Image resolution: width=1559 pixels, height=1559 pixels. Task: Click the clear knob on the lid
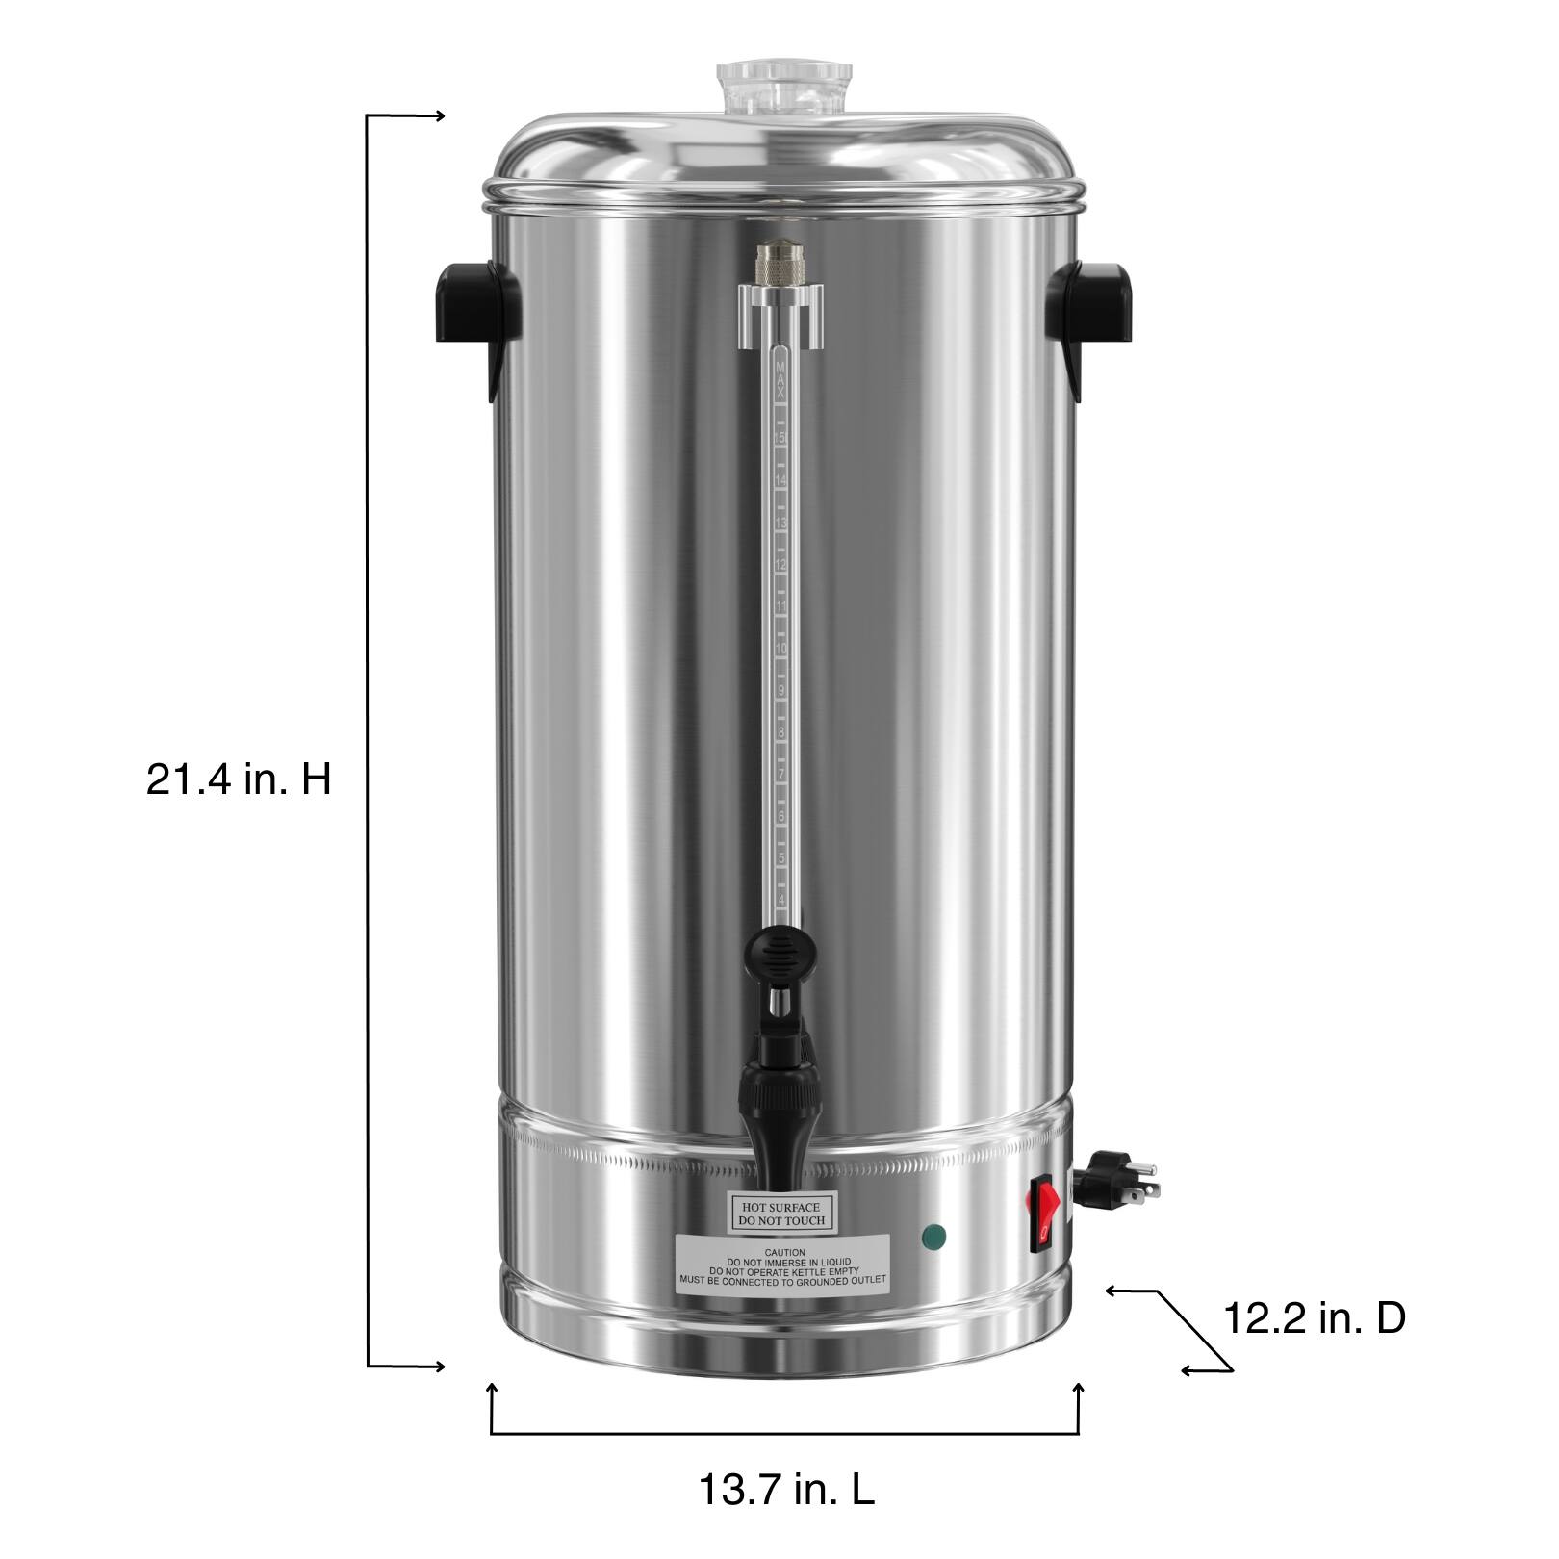784,86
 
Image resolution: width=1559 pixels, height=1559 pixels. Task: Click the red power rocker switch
1046,1214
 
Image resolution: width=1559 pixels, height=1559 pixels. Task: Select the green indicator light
932,1236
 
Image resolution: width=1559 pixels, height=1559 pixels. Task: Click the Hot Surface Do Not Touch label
779,1213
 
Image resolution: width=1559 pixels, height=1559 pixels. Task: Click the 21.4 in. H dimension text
239,779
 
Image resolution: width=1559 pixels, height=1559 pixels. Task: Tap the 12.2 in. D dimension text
1315,1318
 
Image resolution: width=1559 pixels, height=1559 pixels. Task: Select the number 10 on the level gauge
781,650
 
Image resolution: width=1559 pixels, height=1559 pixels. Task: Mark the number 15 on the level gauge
781,439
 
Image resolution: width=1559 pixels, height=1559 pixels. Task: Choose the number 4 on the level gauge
781,900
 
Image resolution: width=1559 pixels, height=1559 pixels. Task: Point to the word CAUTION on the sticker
780,1252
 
